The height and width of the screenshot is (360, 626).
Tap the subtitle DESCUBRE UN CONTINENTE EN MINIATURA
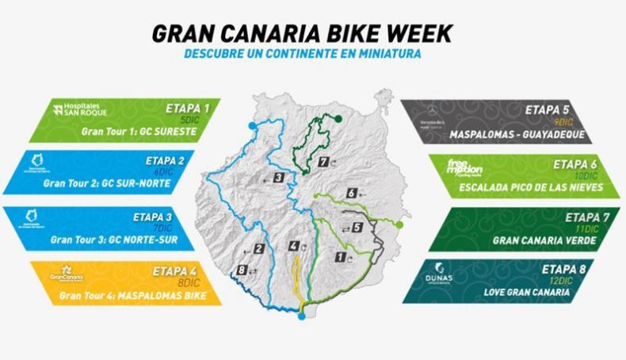click(302, 54)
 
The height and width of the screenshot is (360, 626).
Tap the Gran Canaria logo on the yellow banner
click(67, 274)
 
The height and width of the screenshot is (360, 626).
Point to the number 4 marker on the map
click(295, 247)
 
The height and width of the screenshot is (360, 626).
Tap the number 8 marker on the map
click(242, 270)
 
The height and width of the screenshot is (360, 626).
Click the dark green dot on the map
click(338, 118)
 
